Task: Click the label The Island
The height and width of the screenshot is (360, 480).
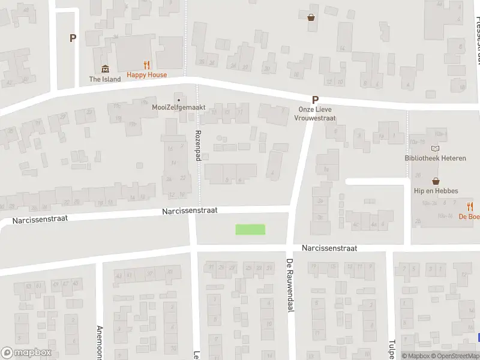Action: tap(105, 79)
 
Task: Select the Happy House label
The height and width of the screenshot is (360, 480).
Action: tap(146, 75)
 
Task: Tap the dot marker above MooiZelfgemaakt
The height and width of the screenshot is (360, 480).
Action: tap(178, 98)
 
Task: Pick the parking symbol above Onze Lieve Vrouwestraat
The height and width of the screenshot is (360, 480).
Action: tap(314, 101)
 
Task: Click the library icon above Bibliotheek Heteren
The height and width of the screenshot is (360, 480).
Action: tap(436, 149)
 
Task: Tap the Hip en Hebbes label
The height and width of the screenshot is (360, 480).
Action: tap(436, 191)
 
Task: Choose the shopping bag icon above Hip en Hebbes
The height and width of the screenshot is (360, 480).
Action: tap(436, 181)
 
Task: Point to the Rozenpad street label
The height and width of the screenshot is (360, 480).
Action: tap(197, 145)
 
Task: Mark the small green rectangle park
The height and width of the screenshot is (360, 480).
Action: tap(250, 229)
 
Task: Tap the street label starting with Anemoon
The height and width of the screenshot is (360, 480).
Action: tap(100, 342)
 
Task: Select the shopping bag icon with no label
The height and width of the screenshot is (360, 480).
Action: tap(311, 17)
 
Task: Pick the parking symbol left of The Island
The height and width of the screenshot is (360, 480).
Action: tap(73, 38)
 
